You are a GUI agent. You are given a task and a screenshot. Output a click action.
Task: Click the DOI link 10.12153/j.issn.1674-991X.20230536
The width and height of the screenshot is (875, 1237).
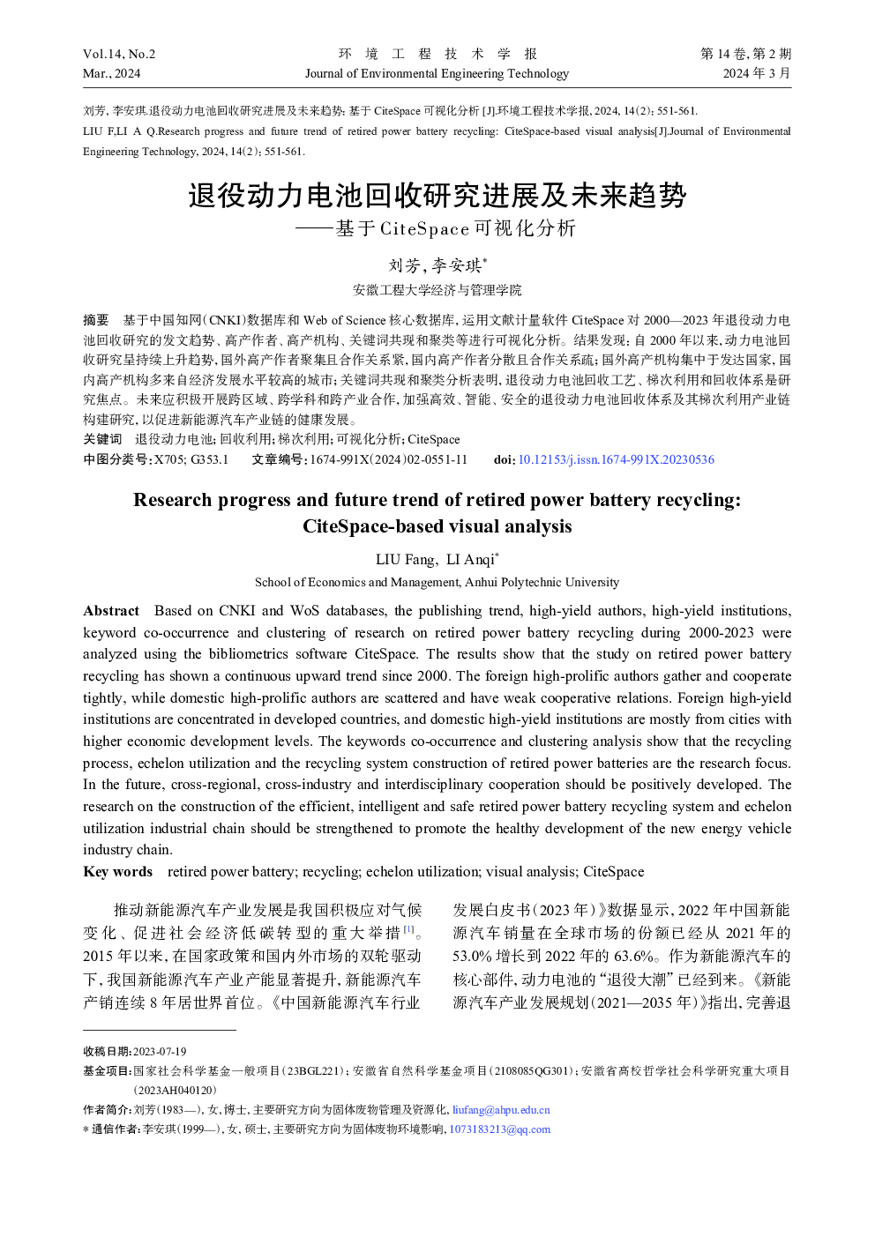(616, 459)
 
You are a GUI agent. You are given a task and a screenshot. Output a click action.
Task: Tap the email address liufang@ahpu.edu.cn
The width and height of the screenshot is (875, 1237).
(501, 1110)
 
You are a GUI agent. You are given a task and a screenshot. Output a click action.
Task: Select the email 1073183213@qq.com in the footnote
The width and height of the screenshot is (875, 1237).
(499, 1129)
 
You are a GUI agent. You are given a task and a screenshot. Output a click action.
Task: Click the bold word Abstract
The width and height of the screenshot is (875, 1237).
(111, 611)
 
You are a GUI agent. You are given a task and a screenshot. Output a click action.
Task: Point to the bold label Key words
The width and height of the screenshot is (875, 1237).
(117, 872)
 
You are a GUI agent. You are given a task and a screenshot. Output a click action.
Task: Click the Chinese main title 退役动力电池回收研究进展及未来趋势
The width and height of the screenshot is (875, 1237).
(437, 195)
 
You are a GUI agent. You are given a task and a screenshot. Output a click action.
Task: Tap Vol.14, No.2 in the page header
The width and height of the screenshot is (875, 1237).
(119, 54)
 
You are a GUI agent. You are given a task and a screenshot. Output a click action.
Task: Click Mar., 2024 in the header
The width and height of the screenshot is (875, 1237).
(111, 73)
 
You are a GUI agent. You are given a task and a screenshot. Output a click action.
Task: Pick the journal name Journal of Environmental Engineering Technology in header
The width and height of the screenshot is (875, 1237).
(437, 73)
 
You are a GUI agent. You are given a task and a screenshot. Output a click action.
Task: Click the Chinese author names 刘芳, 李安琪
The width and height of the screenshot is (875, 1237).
(437, 265)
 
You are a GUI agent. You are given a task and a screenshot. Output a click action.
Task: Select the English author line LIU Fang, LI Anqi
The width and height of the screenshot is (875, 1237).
(437, 559)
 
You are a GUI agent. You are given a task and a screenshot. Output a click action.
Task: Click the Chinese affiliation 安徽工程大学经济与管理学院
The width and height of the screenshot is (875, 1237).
(437, 290)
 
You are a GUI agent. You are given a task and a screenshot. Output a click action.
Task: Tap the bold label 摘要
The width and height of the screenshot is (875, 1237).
(96, 320)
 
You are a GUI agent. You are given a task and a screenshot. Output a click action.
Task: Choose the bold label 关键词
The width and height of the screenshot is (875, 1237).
(102, 439)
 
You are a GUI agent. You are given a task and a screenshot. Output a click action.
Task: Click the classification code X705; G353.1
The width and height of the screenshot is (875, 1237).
(191, 459)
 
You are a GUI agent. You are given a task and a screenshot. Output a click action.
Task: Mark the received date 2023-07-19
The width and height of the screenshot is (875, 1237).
(160, 1051)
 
